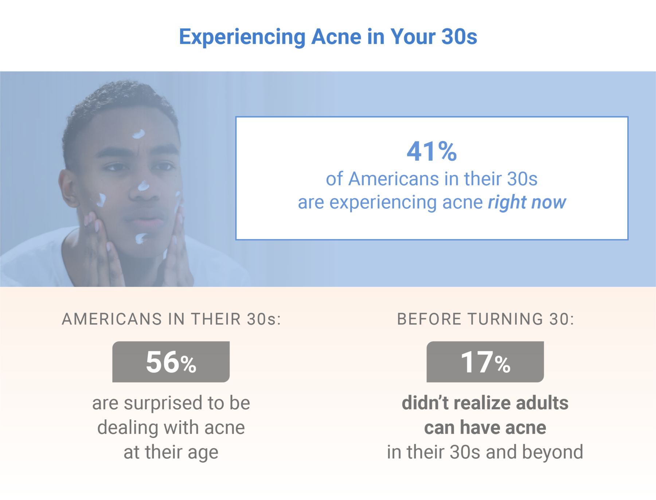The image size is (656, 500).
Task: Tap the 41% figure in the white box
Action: pos(432,151)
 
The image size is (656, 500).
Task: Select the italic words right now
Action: pos(527,202)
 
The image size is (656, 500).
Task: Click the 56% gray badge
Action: pos(171,362)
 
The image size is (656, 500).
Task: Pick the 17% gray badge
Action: pos(485,362)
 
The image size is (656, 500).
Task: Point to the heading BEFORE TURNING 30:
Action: pos(485,319)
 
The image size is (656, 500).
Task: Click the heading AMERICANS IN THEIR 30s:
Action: pos(171,319)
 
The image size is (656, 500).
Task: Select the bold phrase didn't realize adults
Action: pos(485,403)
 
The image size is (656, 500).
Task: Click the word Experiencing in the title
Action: pos(242,37)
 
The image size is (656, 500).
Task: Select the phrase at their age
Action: pos(171,452)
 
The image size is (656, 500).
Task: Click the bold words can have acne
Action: pos(485,427)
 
